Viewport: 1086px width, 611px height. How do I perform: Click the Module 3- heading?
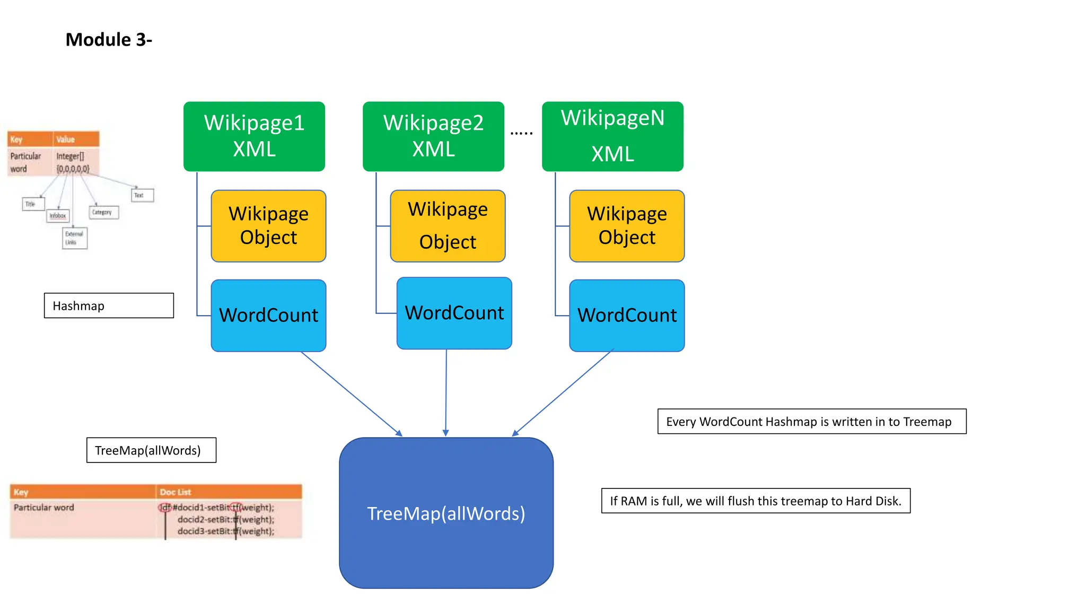[x=109, y=40]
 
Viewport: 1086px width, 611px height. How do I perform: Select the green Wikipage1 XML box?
[x=254, y=136]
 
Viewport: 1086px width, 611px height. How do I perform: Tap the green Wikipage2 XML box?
[x=433, y=136]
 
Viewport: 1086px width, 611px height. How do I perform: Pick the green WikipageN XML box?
[x=612, y=136]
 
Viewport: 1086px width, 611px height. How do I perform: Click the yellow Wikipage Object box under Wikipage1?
[x=268, y=226]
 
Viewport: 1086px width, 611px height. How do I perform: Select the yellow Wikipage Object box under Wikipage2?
[x=448, y=226]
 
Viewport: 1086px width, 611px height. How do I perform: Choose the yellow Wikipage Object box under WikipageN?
[x=627, y=226]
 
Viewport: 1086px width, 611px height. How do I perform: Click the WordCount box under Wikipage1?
[x=268, y=316]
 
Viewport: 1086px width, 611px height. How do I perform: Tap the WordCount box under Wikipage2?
[x=454, y=313]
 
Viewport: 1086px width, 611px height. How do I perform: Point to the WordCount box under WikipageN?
[x=627, y=316]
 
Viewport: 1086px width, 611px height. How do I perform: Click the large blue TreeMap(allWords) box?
[x=446, y=513]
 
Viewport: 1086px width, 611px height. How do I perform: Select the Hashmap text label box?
[x=109, y=305]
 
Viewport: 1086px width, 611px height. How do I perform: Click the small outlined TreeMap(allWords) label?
[x=151, y=450]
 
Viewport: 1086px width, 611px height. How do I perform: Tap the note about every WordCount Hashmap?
[x=811, y=422]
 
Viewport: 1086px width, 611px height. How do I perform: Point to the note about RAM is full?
[x=756, y=501]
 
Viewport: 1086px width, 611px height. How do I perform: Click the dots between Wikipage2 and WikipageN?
[x=521, y=133]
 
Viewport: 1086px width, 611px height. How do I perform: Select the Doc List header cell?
[x=229, y=492]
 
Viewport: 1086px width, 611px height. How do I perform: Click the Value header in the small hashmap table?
[x=76, y=139]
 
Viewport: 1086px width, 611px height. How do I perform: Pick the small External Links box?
[x=74, y=238]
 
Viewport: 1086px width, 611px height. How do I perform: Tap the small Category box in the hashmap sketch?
[x=103, y=212]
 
